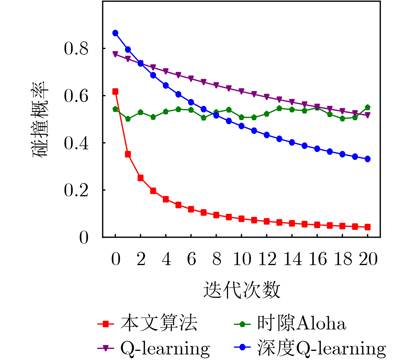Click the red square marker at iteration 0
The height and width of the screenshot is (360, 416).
pyautogui.click(x=115, y=92)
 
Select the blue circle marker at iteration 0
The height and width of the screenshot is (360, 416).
pyautogui.click(x=115, y=33)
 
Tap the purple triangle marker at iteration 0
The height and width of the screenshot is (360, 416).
pyautogui.click(x=115, y=54)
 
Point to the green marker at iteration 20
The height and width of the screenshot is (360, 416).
pyautogui.click(x=367, y=107)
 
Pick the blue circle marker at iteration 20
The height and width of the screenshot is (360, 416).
pyautogui.click(x=367, y=159)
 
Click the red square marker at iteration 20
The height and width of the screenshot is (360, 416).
pyautogui.click(x=367, y=227)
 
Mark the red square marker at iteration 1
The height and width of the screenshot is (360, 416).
pyautogui.click(x=128, y=154)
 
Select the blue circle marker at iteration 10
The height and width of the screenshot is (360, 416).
pyautogui.click(x=241, y=126)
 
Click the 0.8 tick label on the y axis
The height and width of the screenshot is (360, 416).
pyautogui.click(x=76, y=49)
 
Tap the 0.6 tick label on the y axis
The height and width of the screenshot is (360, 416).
pyautogui.click(x=76, y=96)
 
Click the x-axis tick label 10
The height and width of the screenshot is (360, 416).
pyautogui.click(x=242, y=259)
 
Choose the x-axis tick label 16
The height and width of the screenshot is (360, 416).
pyautogui.click(x=318, y=259)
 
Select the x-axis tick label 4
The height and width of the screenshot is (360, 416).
pyautogui.click(x=166, y=259)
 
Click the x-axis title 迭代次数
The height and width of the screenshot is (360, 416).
pyautogui.click(x=242, y=290)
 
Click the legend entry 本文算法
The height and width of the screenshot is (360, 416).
pyautogui.click(x=159, y=323)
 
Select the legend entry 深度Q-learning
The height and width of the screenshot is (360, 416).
pyautogui.click(x=321, y=348)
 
